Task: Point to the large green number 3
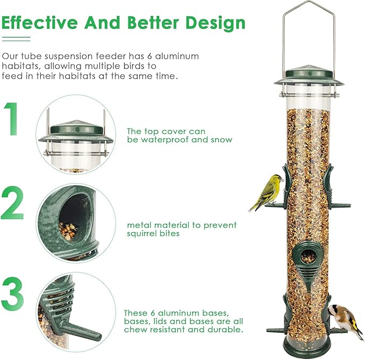click(14, 293)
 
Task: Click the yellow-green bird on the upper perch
click(268, 191)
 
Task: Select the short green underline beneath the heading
click(16, 38)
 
